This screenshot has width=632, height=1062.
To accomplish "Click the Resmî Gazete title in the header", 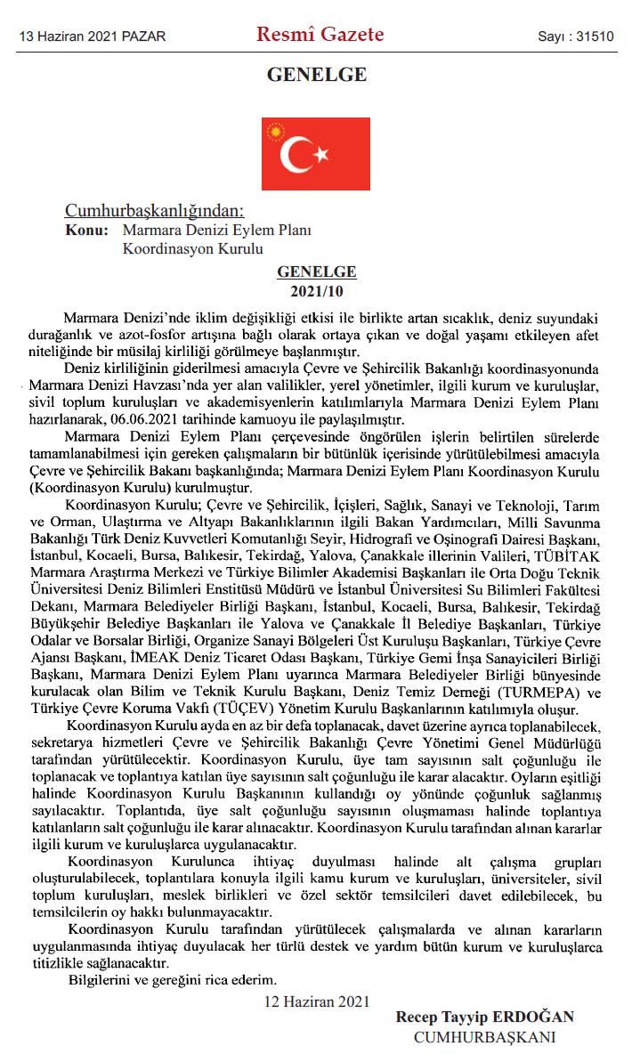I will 320,35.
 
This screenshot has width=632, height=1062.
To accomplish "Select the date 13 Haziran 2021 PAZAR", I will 93,36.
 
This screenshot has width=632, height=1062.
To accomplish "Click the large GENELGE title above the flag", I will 316,76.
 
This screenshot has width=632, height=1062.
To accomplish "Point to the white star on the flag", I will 321,156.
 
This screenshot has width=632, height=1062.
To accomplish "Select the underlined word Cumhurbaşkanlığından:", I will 153,211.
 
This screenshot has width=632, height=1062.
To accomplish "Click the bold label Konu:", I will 87,230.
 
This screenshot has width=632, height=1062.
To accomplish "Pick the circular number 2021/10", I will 316,291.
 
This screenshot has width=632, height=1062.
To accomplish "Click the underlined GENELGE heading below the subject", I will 316,272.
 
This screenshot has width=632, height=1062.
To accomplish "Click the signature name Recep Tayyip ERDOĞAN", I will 484,1017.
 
